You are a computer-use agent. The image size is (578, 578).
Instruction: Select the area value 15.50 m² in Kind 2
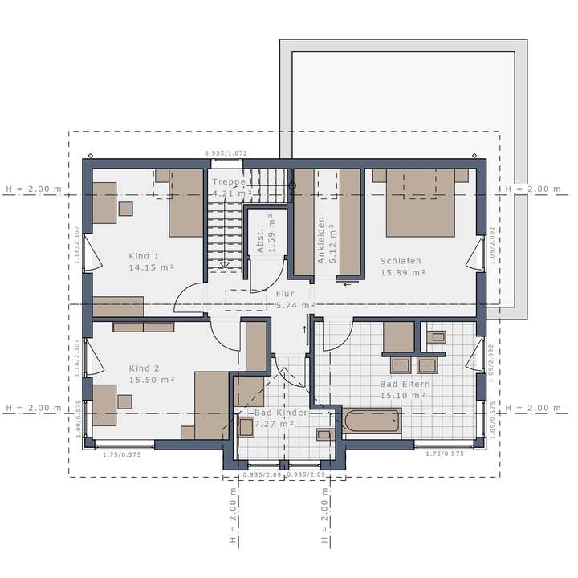click(151, 379)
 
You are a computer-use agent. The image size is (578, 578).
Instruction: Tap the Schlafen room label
click(401, 262)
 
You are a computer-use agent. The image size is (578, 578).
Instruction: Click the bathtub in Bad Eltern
click(372, 422)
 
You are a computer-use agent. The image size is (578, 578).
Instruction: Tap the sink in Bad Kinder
click(324, 435)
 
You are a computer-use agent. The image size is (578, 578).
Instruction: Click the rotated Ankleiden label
click(320, 240)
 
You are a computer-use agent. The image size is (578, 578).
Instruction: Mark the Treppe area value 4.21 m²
click(233, 193)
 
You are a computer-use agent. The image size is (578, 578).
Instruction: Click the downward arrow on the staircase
click(225, 263)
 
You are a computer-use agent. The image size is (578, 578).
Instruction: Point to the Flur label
click(286, 295)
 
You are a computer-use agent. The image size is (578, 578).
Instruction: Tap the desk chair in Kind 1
click(126, 209)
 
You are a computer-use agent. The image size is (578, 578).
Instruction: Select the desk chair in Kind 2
click(124, 401)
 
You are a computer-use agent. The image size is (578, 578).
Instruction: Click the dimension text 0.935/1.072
click(226, 153)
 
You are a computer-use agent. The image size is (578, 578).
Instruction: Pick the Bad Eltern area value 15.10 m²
click(402, 395)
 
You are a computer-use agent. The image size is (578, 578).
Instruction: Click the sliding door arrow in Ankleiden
click(347, 282)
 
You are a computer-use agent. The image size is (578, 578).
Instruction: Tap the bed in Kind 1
click(185, 202)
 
